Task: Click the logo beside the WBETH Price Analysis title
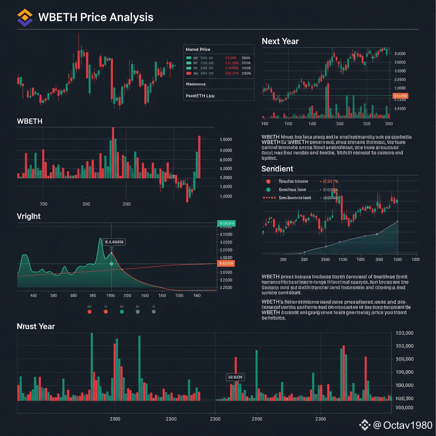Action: (x=24, y=18)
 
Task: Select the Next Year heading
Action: (x=280, y=41)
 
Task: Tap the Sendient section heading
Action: (x=277, y=169)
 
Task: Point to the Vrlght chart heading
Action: (x=29, y=216)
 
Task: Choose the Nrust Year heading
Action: (x=36, y=327)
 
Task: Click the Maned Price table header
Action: (x=198, y=50)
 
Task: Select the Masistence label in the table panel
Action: (x=196, y=84)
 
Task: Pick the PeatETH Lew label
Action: (x=200, y=96)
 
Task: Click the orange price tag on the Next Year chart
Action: (x=400, y=96)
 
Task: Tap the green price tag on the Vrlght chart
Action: (x=226, y=223)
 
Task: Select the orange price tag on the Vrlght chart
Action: (x=225, y=264)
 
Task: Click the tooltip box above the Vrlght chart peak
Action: (x=114, y=242)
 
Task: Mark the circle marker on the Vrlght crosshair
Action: (x=112, y=264)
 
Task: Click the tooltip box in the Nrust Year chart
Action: (x=235, y=377)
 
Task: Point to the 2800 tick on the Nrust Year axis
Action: (x=257, y=419)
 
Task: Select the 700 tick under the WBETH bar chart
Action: (x=43, y=204)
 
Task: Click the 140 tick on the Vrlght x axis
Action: (x=197, y=295)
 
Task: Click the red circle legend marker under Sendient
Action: (x=268, y=182)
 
